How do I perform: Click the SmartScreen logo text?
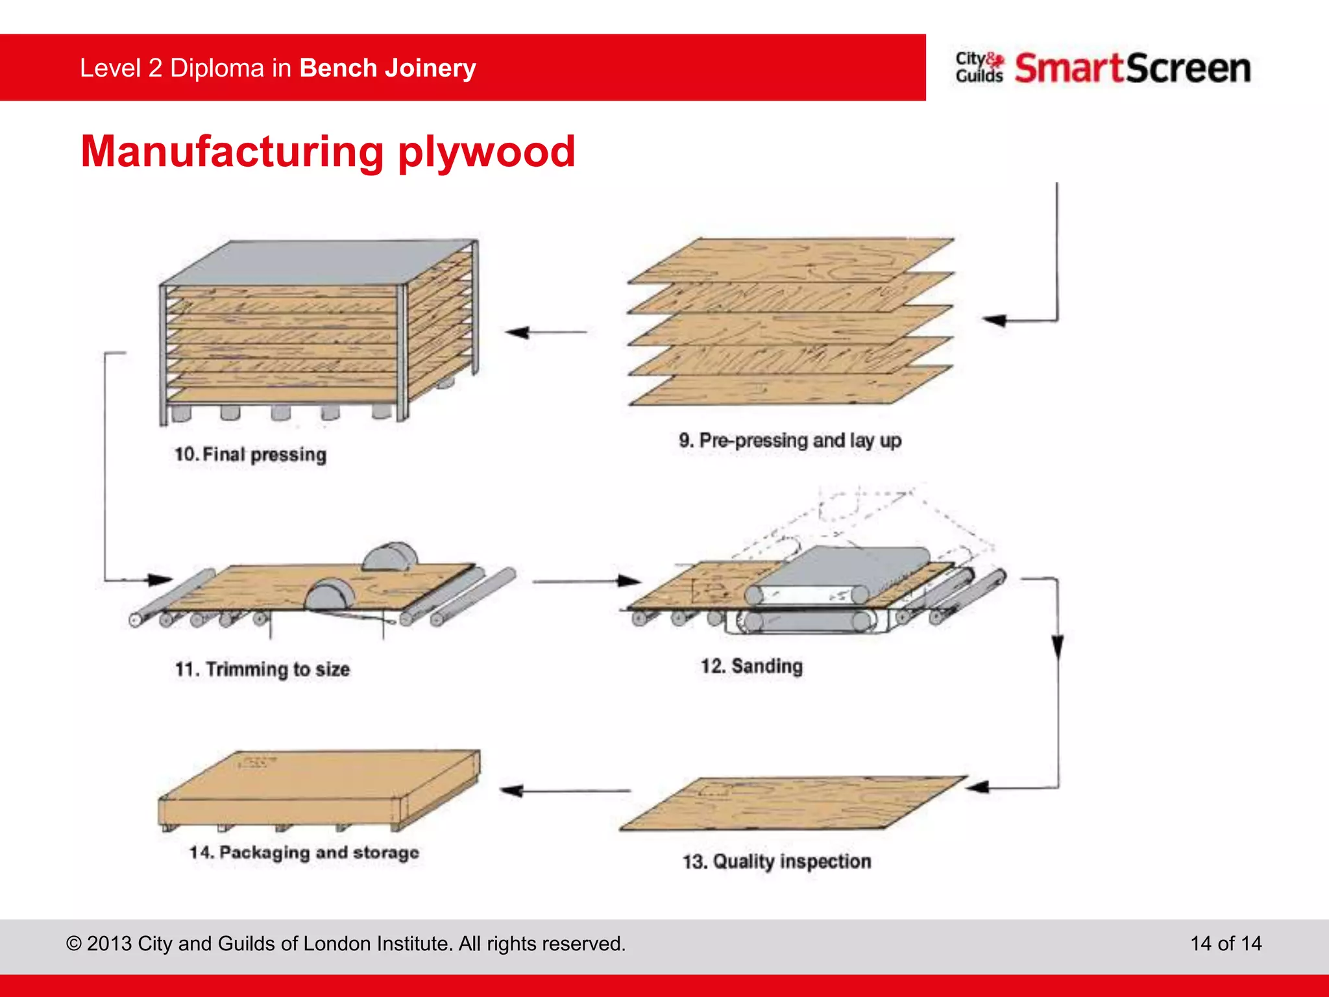click(x=1132, y=68)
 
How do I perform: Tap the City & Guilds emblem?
click(x=979, y=68)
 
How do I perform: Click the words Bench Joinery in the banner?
click(x=387, y=68)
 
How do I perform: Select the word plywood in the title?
click(x=486, y=152)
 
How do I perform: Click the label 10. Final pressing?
click(x=250, y=454)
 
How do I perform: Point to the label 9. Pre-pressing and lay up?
click(x=790, y=441)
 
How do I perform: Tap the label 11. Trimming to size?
click(x=262, y=669)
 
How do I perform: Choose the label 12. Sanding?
click(x=751, y=666)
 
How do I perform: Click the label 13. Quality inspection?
click(x=776, y=861)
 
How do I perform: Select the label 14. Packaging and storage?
click(x=304, y=852)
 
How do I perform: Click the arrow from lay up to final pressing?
click(x=546, y=332)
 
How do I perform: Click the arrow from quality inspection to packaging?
click(x=565, y=791)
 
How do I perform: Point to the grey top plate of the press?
click(x=318, y=263)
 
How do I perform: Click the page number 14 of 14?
click(x=1225, y=943)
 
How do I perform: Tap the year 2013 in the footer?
click(x=109, y=943)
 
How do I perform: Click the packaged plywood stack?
click(x=318, y=789)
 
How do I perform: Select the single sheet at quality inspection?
click(x=792, y=804)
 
